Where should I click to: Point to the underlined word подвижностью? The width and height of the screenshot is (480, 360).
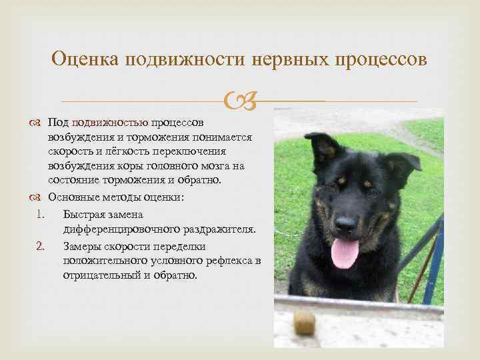[x=110, y=123]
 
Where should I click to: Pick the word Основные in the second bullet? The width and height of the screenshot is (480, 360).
[x=73, y=199]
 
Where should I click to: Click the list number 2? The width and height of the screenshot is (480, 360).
[x=40, y=247]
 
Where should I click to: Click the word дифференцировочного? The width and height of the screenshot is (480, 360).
[x=120, y=230]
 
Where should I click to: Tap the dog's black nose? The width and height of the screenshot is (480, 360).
[x=345, y=224]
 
